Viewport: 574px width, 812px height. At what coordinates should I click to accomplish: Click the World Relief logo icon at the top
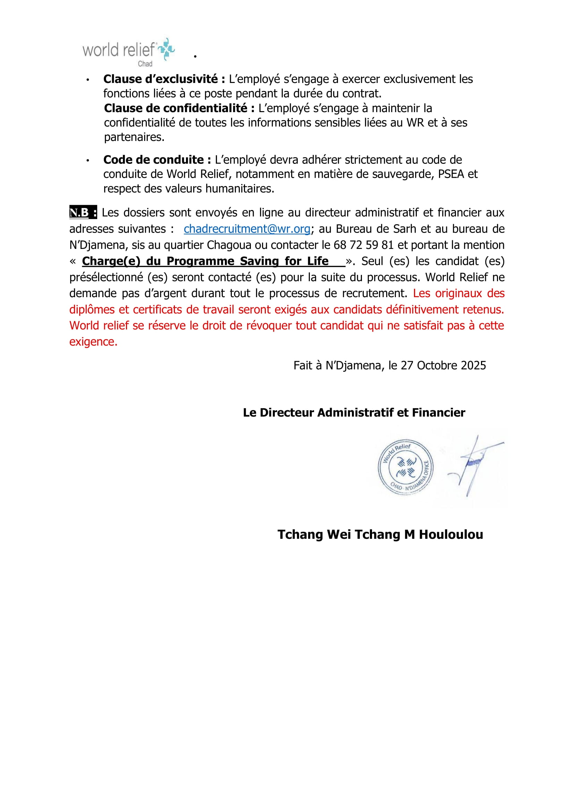coord(166,49)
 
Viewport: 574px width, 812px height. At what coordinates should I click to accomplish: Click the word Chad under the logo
coord(145,64)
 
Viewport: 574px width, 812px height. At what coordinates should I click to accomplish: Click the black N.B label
coord(83,212)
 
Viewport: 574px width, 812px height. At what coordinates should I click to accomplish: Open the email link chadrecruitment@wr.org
coord(247,229)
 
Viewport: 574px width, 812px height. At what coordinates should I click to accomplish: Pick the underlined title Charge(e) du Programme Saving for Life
coord(205,261)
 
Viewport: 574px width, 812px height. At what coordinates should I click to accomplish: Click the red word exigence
coord(93,342)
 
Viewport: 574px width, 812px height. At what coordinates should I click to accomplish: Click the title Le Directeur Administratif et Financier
coord(354,412)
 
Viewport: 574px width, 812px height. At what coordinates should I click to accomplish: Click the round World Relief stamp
coord(405,468)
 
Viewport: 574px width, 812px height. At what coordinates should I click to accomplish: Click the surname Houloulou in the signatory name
coord(451,534)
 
